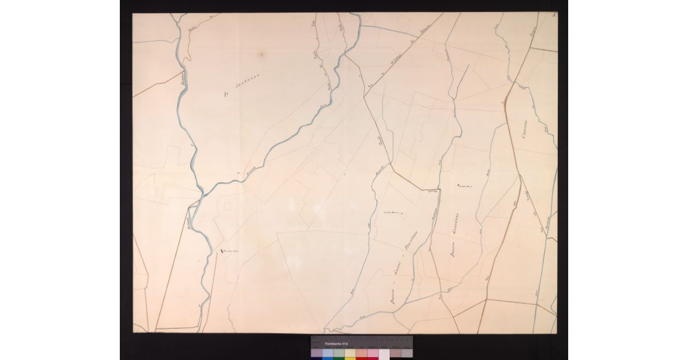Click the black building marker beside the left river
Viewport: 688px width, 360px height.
(222, 251)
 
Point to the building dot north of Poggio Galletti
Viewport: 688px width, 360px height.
(458, 185)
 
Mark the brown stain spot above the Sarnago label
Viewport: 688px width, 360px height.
(261, 54)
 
